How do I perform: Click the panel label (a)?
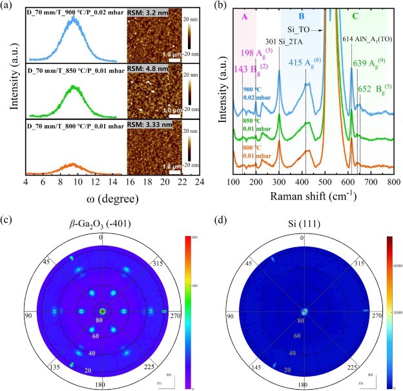[x=8, y=6]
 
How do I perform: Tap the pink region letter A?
[x=244, y=18]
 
